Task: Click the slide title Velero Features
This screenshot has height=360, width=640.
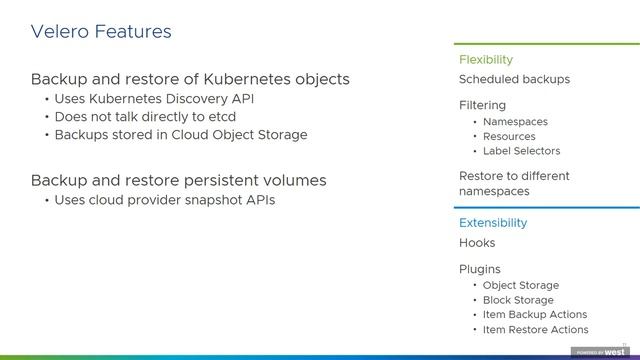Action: coord(101,32)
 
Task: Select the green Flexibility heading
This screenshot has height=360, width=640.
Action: coord(485,60)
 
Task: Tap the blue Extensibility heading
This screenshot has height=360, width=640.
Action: coord(492,223)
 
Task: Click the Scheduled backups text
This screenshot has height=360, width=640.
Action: coord(514,79)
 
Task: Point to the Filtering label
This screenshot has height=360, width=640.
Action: coord(482,105)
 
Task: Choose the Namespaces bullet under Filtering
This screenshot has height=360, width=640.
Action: coord(515,122)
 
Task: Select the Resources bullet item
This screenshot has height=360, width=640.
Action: coord(509,137)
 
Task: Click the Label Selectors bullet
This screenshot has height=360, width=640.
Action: coord(521,151)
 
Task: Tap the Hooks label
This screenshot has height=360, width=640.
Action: coord(477,243)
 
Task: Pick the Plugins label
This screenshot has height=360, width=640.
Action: coord(480,269)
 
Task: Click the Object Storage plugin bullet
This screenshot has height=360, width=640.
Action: coord(520,285)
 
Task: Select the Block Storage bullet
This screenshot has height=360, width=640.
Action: coord(517,300)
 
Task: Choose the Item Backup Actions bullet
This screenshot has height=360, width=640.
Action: coord(534,314)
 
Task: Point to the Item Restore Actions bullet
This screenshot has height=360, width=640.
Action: coord(535,329)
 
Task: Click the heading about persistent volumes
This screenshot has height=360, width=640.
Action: coord(178,180)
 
